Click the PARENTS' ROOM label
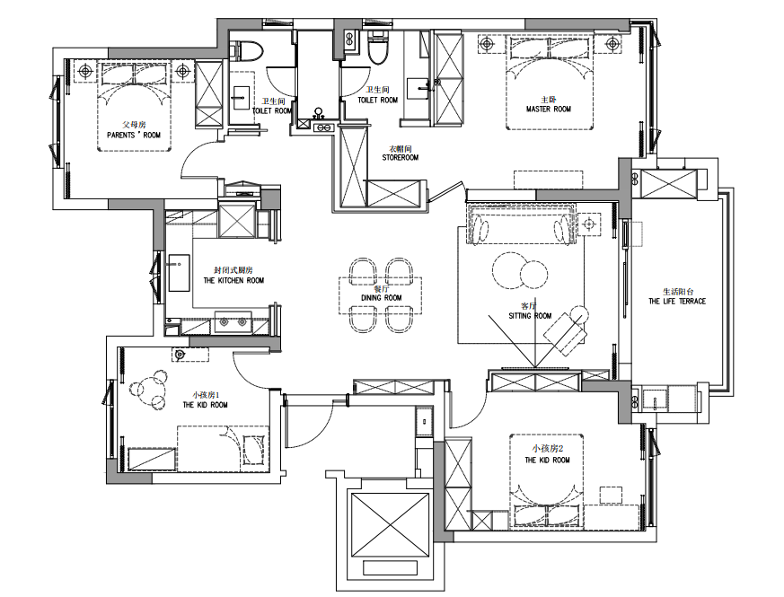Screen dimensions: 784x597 click(134, 135)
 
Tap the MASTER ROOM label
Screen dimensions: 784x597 click(549, 109)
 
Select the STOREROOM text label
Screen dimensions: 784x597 click(400, 157)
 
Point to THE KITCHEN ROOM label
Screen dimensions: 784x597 click(233, 280)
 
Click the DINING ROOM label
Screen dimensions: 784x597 click(382, 298)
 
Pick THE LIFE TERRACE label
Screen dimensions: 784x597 click(677, 302)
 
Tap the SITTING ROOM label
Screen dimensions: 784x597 click(530, 316)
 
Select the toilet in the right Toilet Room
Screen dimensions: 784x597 click(377, 48)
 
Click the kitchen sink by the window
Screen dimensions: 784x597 click(179, 273)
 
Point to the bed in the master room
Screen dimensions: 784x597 click(550, 83)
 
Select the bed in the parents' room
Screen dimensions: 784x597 click(135, 106)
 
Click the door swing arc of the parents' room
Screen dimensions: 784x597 click(195, 156)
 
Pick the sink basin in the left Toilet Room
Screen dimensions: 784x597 click(242, 97)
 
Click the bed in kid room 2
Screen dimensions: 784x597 click(547, 481)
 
